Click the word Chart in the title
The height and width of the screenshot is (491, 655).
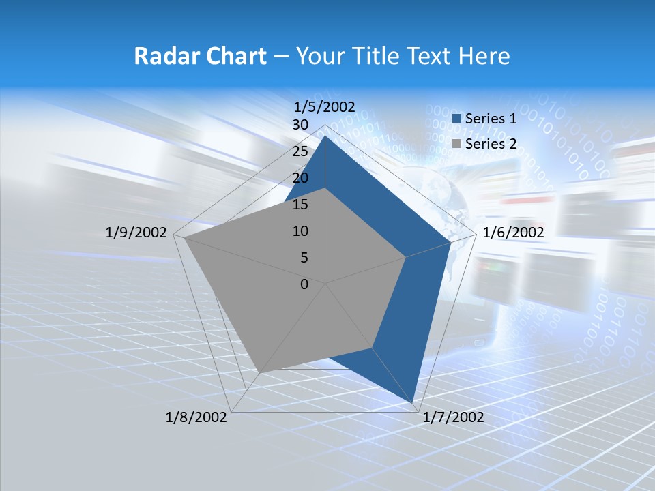[x=231, y=56]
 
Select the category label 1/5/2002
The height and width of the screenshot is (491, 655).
[x=324, y=106]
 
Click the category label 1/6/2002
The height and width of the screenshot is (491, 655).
[x=513, y=233]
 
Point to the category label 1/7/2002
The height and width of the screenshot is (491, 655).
[x=453, y=417]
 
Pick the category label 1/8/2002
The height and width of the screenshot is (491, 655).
[x=196, y=417]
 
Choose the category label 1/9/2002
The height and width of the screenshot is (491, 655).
[x=136, y=233]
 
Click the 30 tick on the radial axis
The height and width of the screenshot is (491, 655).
[x=300, y=125]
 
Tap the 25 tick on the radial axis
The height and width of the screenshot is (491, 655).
[x=300, y=151]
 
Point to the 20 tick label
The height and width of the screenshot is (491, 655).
[x=300, y=178]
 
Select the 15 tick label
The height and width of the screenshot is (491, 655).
[x=300, y=205]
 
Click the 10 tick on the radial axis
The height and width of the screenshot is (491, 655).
[x=300, y=231]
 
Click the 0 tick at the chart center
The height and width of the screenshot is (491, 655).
[x=304, y=284]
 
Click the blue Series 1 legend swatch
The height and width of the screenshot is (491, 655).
[x=457, y=119]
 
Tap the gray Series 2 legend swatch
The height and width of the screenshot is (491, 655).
[x=457, y=144]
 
